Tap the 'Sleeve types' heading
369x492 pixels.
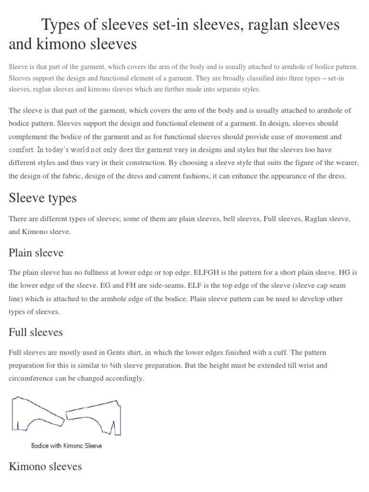click(42, 198)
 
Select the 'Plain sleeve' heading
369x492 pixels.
click(36, 253)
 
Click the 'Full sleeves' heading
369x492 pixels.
click(36, 332)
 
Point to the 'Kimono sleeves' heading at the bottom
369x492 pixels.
click(45, 466)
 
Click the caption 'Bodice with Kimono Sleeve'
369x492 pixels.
click(67, 445)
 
